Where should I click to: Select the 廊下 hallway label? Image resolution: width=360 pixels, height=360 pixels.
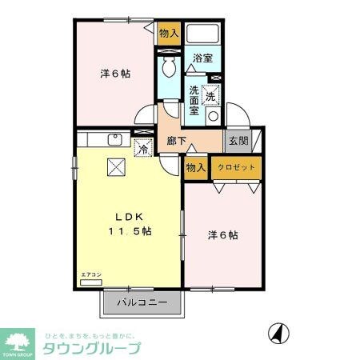coord(176,141)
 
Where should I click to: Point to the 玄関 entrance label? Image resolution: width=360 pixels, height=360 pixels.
coord(238,141)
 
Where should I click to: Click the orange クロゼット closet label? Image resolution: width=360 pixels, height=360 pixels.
coord(238,167)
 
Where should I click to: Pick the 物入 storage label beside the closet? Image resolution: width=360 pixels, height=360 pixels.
coord(194,167)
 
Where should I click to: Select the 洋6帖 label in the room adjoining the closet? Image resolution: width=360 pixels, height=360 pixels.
coord(223,235)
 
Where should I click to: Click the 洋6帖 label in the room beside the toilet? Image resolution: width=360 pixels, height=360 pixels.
coord(115,73)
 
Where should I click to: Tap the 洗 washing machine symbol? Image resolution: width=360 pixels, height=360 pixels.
coord(210,95)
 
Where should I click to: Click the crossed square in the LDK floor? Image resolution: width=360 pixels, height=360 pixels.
coord(115,167)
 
